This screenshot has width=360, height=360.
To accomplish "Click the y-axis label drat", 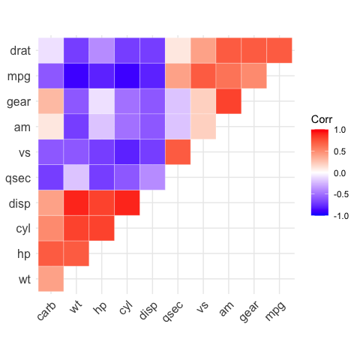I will pyautogui.click(x=20, y=51).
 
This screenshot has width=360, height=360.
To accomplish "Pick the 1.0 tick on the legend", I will pyautogui.click(x=338, y=130).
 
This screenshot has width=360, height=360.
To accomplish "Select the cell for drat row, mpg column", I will pyautogui.click(x=279, y=51).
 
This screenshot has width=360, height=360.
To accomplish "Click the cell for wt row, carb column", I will pyautogui.click(x=51, y=279).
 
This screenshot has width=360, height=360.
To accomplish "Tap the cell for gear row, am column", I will pyautogui.click(x=228, y=101).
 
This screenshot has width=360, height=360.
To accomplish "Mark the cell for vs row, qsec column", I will pyautogui.click(x=178, y=152).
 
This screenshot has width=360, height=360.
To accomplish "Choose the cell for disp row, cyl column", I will pyautogui.click(x=127, y=203).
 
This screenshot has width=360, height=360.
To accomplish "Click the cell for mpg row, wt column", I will pyautogui.click(x=76, y=76).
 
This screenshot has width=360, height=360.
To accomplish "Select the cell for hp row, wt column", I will pyautogui.click(x=76, y=253).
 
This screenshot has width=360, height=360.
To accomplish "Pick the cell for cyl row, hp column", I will pyautogui.click(x=102, y=228).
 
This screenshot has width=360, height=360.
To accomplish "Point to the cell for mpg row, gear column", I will pyautogui.click(x=253, y=76).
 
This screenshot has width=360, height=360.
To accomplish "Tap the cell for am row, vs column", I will pyautogui.click(x=203, y=127).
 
